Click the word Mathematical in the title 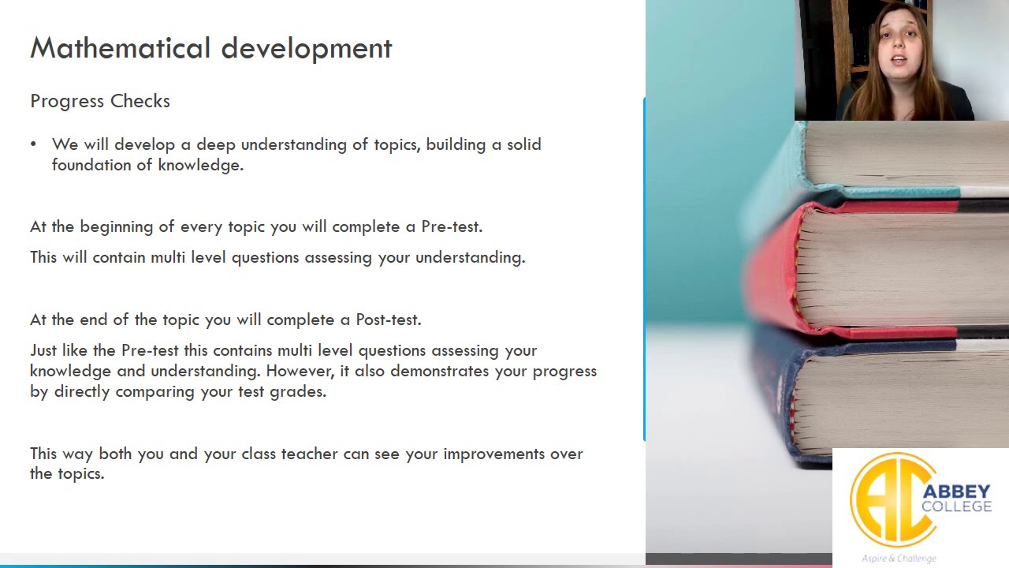(121, 48)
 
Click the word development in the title (307, 49)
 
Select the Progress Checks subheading (100, 102)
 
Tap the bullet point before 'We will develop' (33, 144)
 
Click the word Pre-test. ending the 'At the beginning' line (452, 226)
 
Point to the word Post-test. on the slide (389, 319)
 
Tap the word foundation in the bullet (91, 165)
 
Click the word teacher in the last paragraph (310, 454)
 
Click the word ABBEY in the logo (956, 491)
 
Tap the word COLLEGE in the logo (956, 506)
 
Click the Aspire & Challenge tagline (899, 559)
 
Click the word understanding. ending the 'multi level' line (471, 258)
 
